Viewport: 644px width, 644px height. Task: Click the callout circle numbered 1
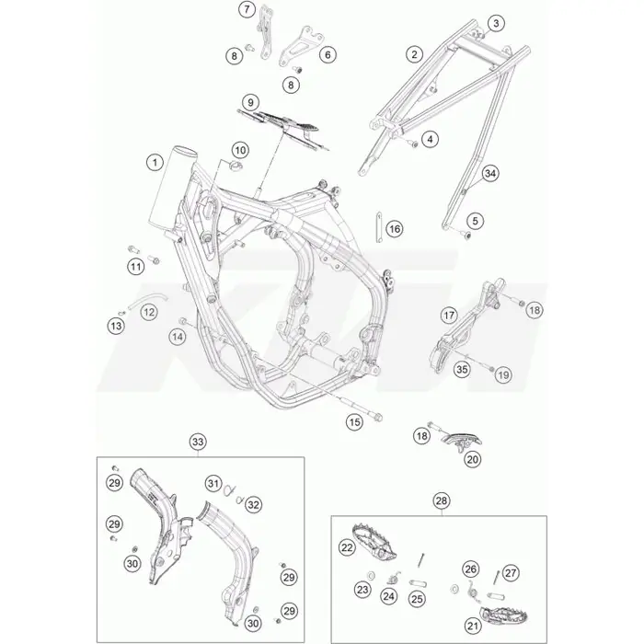pos(155,163)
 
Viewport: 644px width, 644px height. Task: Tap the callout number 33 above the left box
pos(198,442)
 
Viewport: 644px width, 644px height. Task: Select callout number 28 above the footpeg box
pos(442,500)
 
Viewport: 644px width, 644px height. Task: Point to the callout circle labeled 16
pos(395,229)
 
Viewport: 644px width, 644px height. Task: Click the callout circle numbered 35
pos(462,369)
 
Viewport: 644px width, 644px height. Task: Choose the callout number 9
pos(250,102)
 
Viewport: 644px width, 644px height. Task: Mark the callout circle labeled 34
pos(490,173)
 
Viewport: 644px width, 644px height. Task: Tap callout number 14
pos(178,338)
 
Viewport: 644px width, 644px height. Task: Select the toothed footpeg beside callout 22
pos(373,541)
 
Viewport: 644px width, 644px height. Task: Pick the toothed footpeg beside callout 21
pos(503,615)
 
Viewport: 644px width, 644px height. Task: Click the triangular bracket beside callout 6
pos(301,45)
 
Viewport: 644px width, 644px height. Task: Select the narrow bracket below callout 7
pos(266,32)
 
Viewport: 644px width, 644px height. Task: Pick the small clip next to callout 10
pos(236,167)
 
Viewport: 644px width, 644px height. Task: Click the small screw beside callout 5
pos(466,235)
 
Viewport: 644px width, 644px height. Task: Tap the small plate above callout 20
pos(461,441)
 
